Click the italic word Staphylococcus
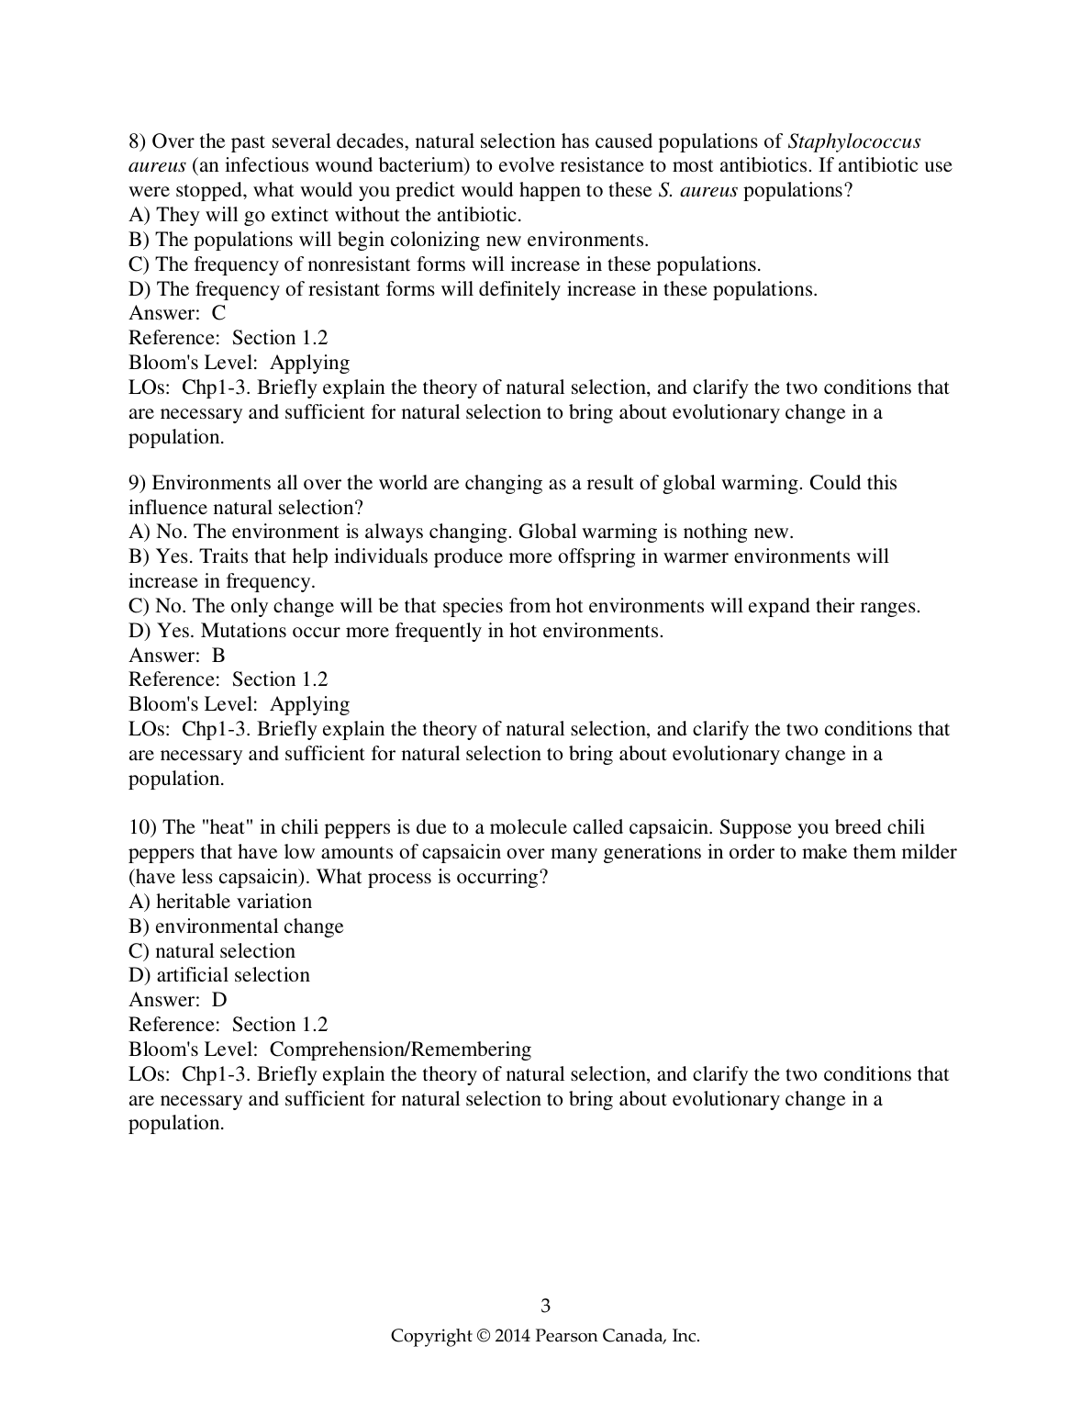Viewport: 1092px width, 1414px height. (x=854, y=141)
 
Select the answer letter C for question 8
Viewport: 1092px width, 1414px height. (x=218, y=313)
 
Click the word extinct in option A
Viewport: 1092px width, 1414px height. (x=297, y=215)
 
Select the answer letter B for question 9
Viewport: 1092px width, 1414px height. (x=218, y=655)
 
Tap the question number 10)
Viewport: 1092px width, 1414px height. (x=143, y=827)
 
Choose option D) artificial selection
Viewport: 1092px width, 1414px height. (x=219, y=975)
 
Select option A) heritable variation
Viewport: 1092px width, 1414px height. (x=220, y=902)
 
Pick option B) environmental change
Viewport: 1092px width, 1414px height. (x=236, y=926)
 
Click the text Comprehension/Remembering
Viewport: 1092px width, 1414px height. (x=400, y=1049)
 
